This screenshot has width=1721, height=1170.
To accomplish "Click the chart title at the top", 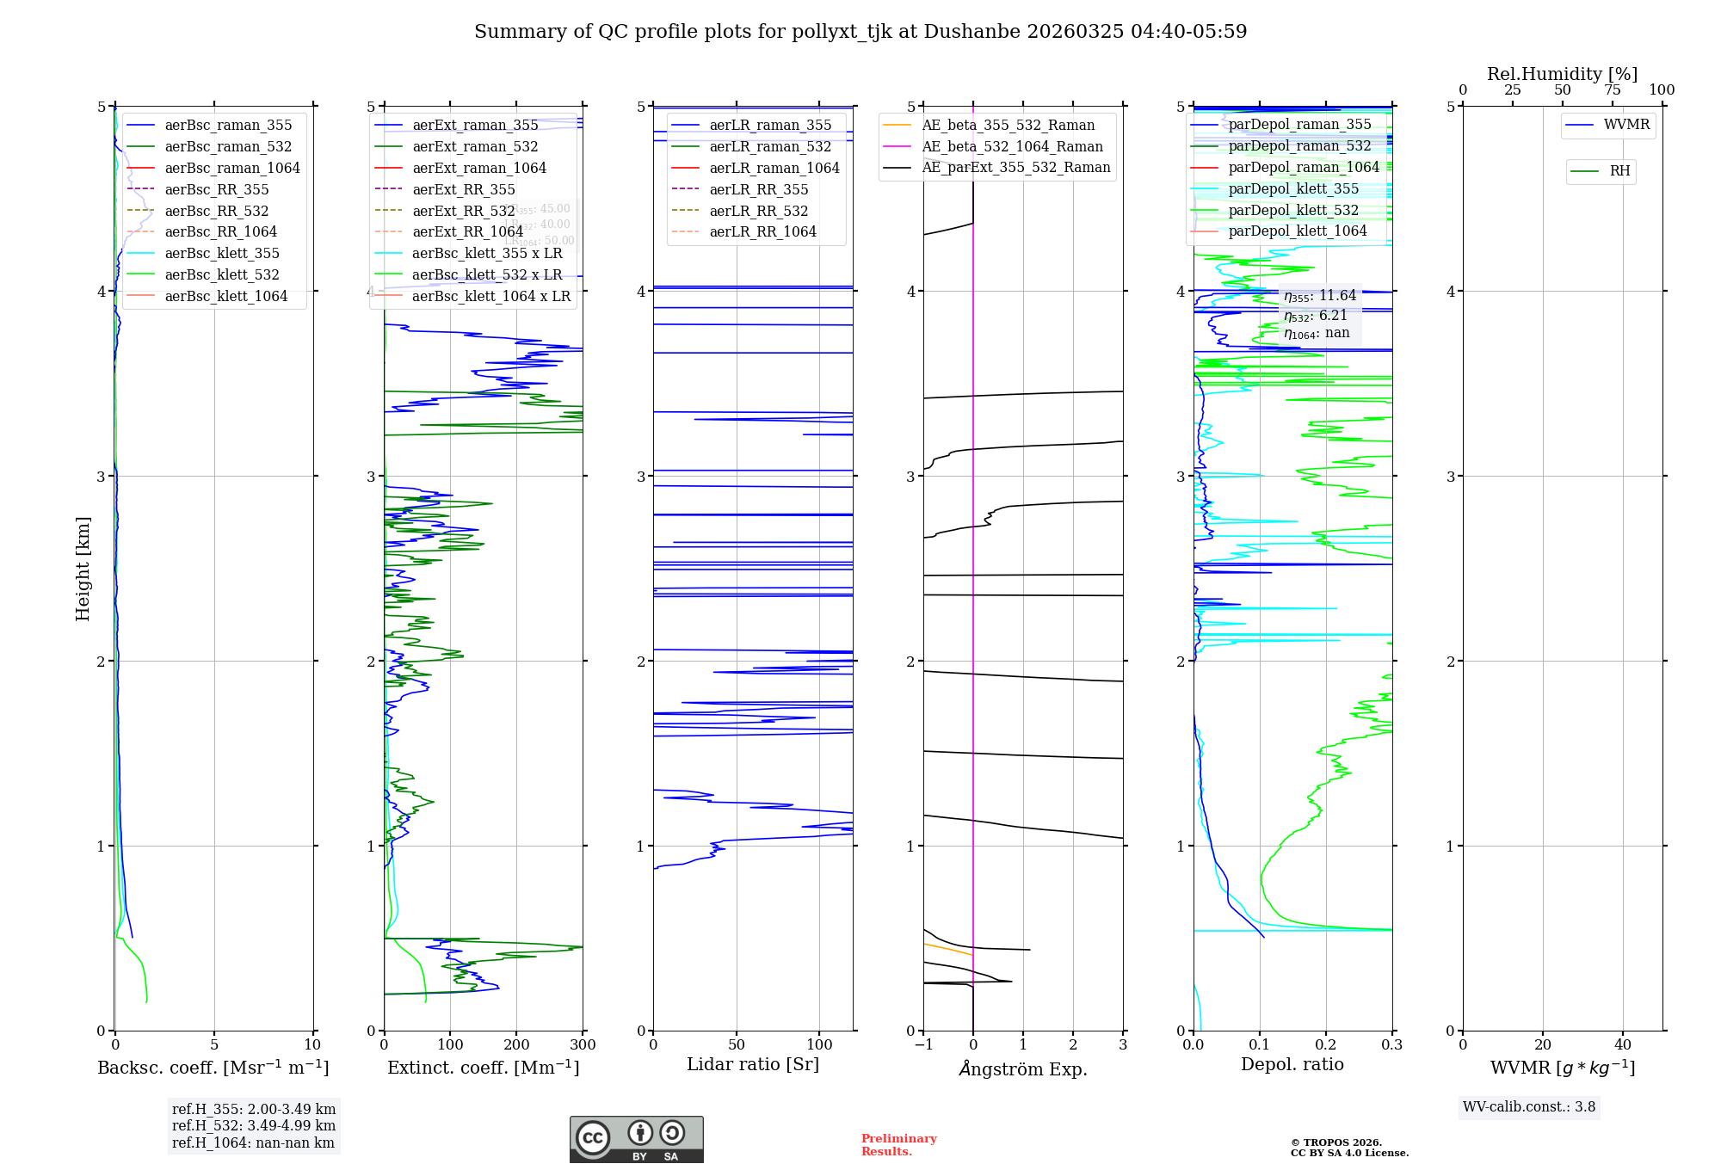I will pos(860,32).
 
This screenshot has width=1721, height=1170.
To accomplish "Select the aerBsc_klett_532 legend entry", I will pos(222,274).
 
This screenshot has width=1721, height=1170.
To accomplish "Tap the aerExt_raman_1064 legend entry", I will pos(478,168).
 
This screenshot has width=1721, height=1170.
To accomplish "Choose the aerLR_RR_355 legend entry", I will pos(758,189).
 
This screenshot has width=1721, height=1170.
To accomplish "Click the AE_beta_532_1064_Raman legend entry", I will pos(1012,146).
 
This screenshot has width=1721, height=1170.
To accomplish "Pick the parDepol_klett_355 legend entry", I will pos(1293,188).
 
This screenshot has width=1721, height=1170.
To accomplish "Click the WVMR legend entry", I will pos(1626,125).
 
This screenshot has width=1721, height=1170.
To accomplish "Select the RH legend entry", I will pos(1619,171).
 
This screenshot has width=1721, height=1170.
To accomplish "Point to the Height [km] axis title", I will pos(83,568).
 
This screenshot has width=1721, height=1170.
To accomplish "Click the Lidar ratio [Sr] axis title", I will pos(753,1064).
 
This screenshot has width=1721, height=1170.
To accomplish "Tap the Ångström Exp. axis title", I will pos(1023,1068).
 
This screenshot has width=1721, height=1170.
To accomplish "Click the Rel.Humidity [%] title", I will pos(1562,74).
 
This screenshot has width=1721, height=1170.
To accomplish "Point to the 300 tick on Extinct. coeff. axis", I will pos(583,1044).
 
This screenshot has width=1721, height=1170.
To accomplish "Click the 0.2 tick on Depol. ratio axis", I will pos(1326,1044).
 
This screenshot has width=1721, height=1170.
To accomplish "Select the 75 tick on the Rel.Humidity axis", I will pos(1612,89).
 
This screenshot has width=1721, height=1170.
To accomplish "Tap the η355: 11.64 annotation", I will pos(1319,296).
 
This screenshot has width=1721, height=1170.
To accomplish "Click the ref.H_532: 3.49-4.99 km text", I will pos(254,1125).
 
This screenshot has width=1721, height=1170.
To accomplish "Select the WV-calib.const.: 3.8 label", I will pos(1529,1106).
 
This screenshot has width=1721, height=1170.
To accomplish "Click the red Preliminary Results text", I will pos(898,1144).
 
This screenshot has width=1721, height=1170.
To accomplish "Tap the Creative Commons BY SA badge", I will pos(636,1139).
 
